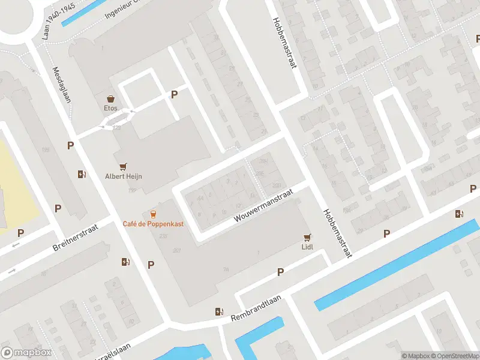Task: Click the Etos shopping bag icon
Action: [110, 98]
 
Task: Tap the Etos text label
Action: [110, 109]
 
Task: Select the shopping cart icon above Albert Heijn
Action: [124, 166]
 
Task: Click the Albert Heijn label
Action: [124, 176]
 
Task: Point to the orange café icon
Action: [154, 214]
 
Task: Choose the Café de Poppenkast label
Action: [154, 224]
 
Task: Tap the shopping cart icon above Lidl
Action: [308, 237]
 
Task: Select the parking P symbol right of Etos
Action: [175, 94]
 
